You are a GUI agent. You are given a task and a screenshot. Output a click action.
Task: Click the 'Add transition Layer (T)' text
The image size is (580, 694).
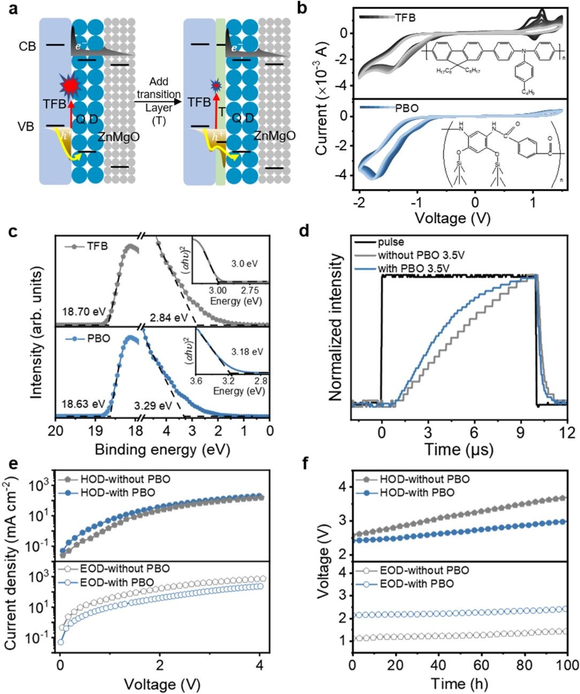coord(158,101)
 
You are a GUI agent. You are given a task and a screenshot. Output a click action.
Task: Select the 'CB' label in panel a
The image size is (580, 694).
coord(27,47)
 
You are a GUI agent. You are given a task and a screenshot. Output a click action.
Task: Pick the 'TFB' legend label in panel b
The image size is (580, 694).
coord(405,18)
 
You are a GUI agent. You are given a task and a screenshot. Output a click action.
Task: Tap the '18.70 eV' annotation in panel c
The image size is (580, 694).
coord(83,311)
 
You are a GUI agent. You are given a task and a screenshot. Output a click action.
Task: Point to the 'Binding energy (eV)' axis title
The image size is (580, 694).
coord(162,450)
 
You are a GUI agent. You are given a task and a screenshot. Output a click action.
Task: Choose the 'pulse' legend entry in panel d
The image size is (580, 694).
coord(391,242)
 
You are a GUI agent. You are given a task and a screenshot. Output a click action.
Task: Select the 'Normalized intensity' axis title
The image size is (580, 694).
coord(335,327)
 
